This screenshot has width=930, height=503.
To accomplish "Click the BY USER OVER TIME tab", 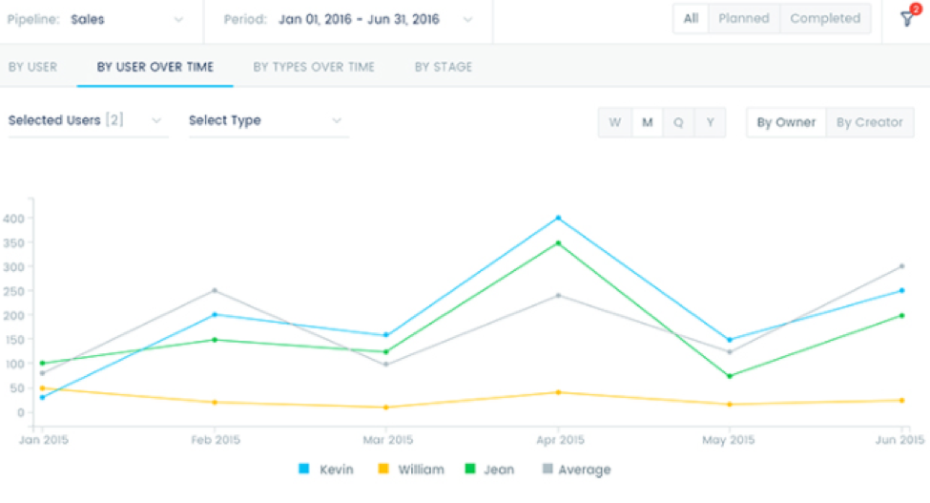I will [x=155, y=67].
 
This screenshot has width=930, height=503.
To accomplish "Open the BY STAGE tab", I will [x=443, y=67].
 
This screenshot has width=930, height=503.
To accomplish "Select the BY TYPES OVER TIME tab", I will [x=313, y=67].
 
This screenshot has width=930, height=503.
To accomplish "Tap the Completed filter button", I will [x=825, y=18].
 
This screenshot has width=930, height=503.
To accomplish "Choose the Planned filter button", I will [x=744, y=18].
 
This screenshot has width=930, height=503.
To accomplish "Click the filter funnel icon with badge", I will [x=906, y=19].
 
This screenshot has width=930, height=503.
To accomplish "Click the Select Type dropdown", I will [x=266, y=120].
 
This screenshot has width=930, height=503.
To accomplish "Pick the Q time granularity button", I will [x=678, y=122].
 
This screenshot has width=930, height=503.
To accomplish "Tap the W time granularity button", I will [x=615, y=122].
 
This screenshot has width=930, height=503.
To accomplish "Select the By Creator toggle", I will [x=870, y=122].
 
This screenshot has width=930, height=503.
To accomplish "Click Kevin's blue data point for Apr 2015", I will [x=558, y=218].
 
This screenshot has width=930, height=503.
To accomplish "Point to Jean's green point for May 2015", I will [x=730, y=376].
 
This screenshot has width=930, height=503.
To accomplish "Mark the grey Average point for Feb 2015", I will [x=215, y=290].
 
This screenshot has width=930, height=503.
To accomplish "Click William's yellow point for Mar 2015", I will [x=385, y=408].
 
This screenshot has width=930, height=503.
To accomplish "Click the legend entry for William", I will [x=412, y=470].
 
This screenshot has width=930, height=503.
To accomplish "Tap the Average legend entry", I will [x=577, y=470].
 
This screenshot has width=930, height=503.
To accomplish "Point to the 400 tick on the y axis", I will [x=13, y=219].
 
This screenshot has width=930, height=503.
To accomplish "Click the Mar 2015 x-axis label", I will [x=386, y=440].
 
